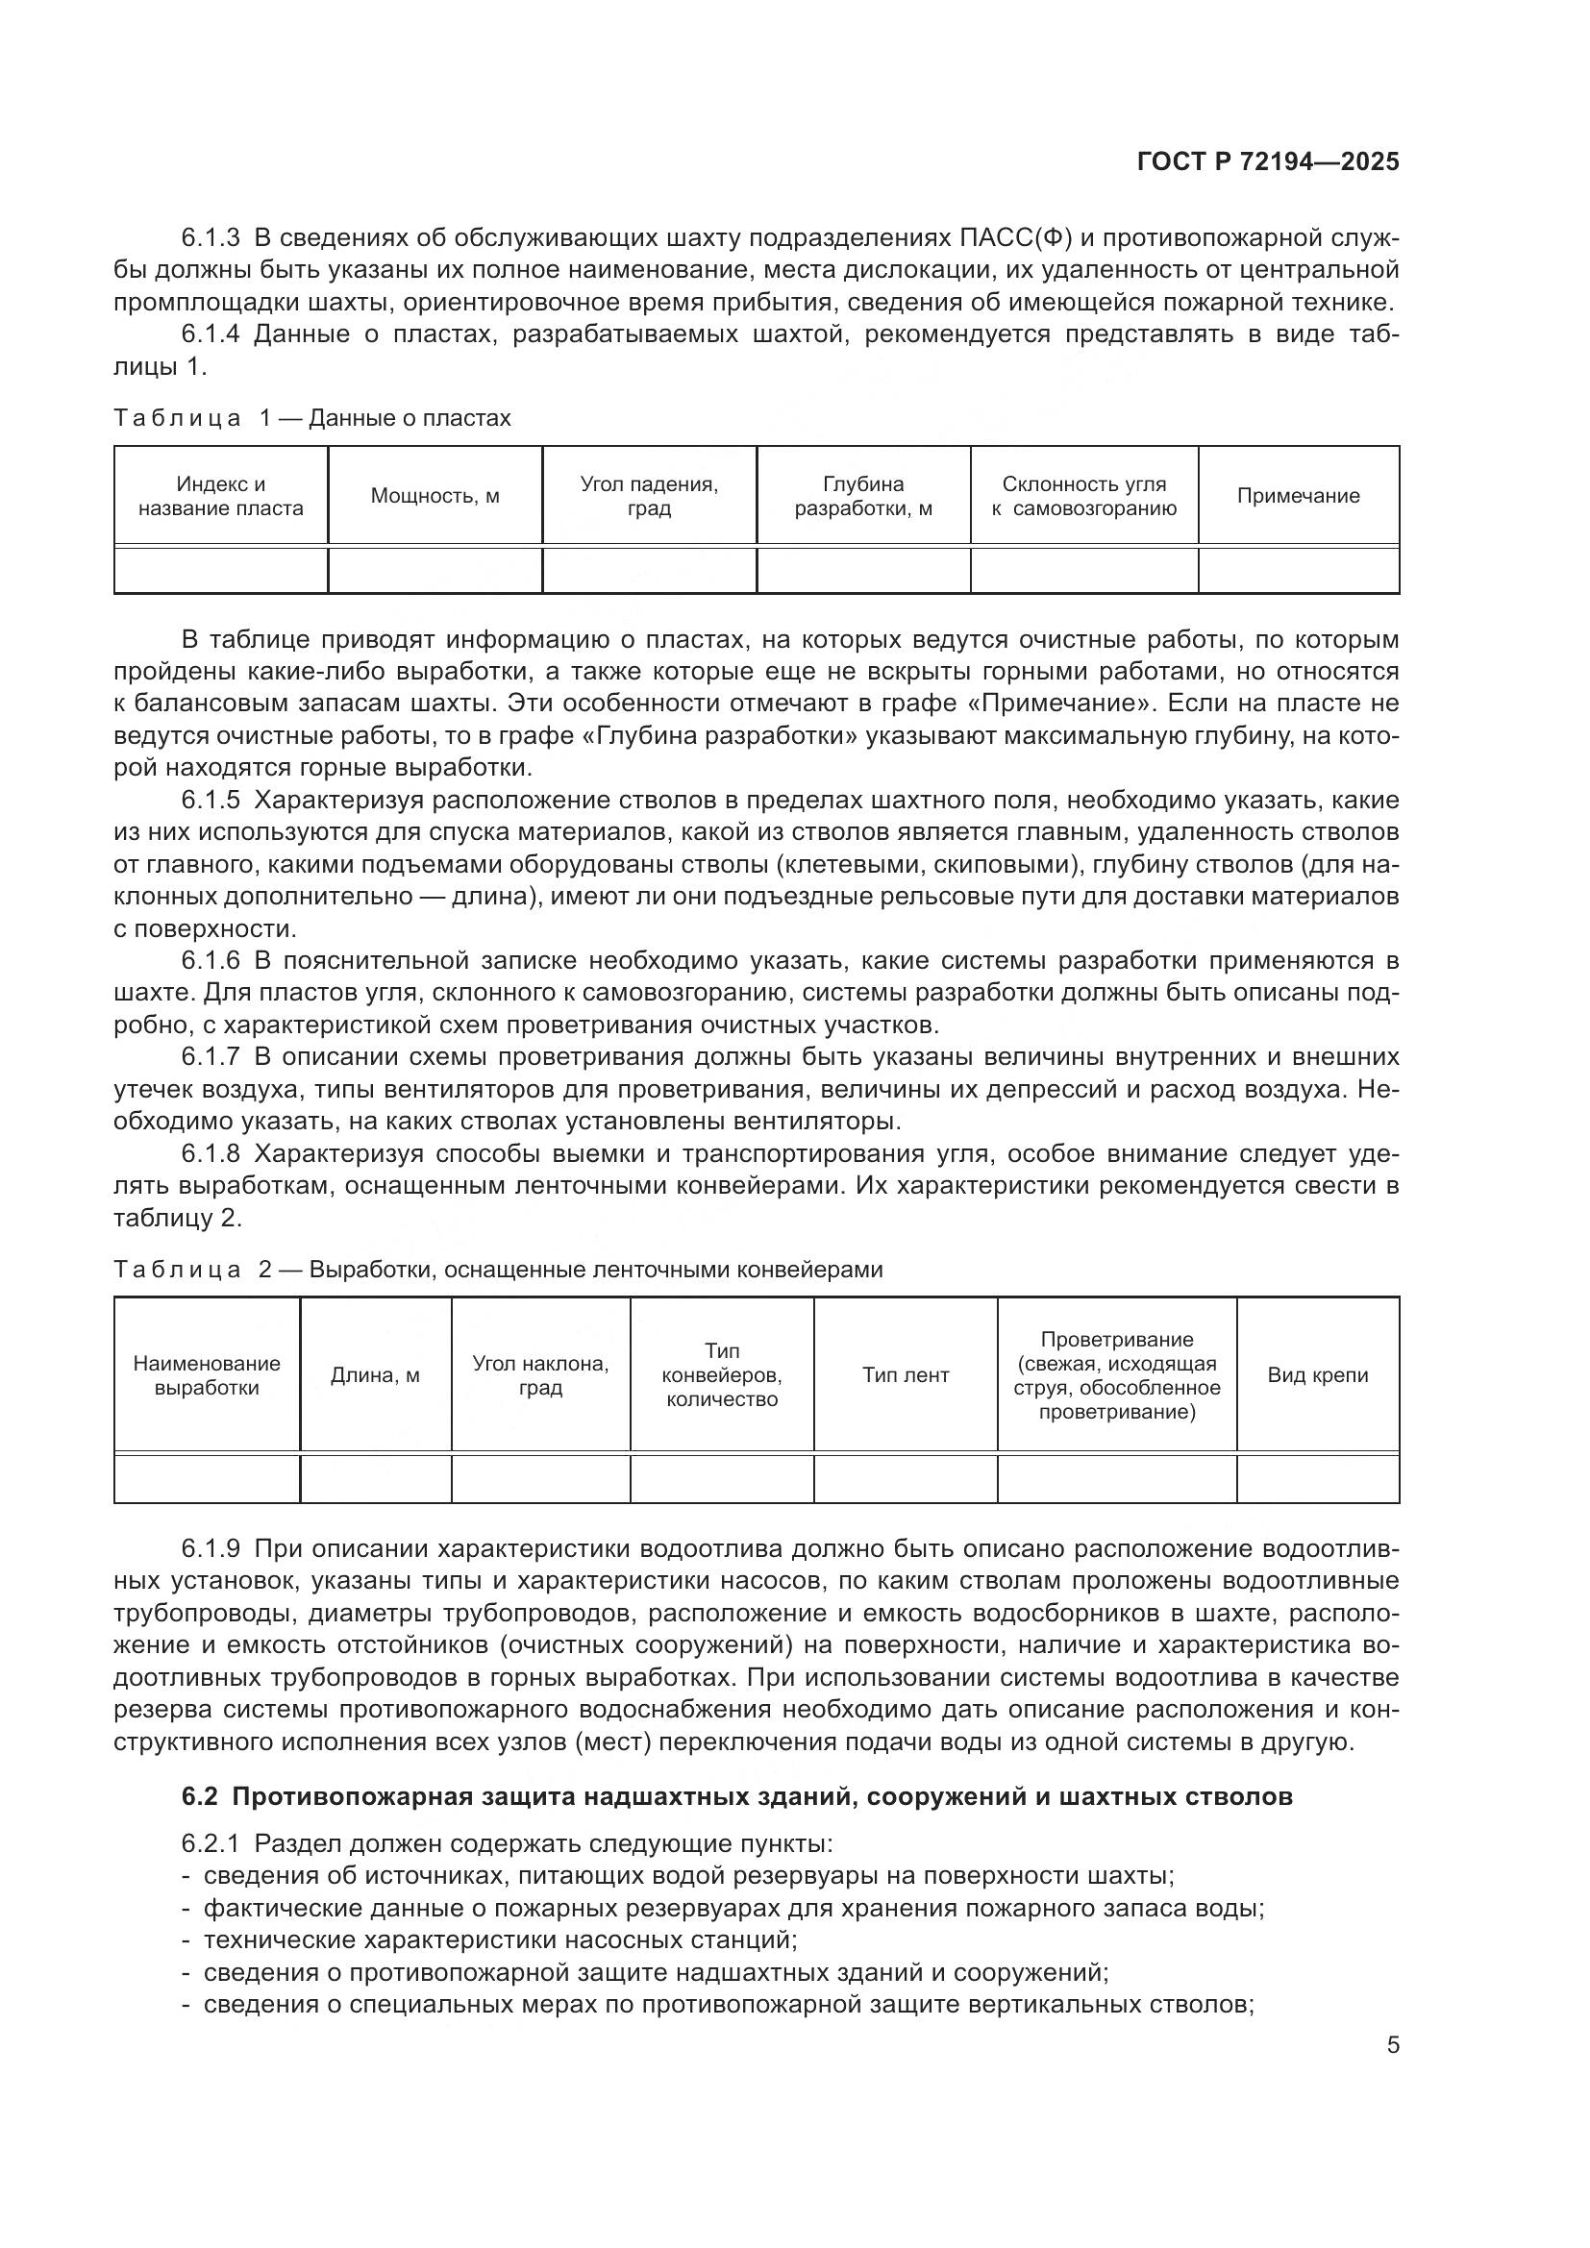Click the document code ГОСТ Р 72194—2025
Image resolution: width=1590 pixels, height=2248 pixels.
coord(1267,161)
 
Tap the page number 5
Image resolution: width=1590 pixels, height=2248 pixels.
coord(1392,2044)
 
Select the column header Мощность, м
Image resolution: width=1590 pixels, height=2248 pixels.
coord(435,495)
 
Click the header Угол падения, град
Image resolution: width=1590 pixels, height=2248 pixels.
coord(648,495)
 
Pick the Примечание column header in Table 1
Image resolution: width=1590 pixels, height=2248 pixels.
coord(1297,495)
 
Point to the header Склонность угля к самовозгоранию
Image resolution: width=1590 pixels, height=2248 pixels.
coord(1082,495)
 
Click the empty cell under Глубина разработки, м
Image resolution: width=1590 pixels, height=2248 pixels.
coord(862,570)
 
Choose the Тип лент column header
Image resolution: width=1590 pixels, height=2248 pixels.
coord(905,1374)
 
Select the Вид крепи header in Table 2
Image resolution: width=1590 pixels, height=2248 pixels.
coord(1317,1374)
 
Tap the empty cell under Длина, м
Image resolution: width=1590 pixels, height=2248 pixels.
coord(375,1477)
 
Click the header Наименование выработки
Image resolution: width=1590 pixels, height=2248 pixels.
coord(207,1374)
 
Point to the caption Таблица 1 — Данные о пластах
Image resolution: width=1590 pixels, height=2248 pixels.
coord(312,418)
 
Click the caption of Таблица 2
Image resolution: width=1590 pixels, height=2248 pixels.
coord(497,1270)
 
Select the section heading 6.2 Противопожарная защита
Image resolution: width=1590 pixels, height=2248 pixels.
coord(736,1796)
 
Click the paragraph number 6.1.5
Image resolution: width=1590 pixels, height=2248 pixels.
coord(211,800)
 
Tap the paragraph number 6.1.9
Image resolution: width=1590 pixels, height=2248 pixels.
coord(211,1548)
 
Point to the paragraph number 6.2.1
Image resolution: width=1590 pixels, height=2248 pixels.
coord(211,1843)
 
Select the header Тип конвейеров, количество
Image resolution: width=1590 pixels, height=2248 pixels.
coord(722,1374)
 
